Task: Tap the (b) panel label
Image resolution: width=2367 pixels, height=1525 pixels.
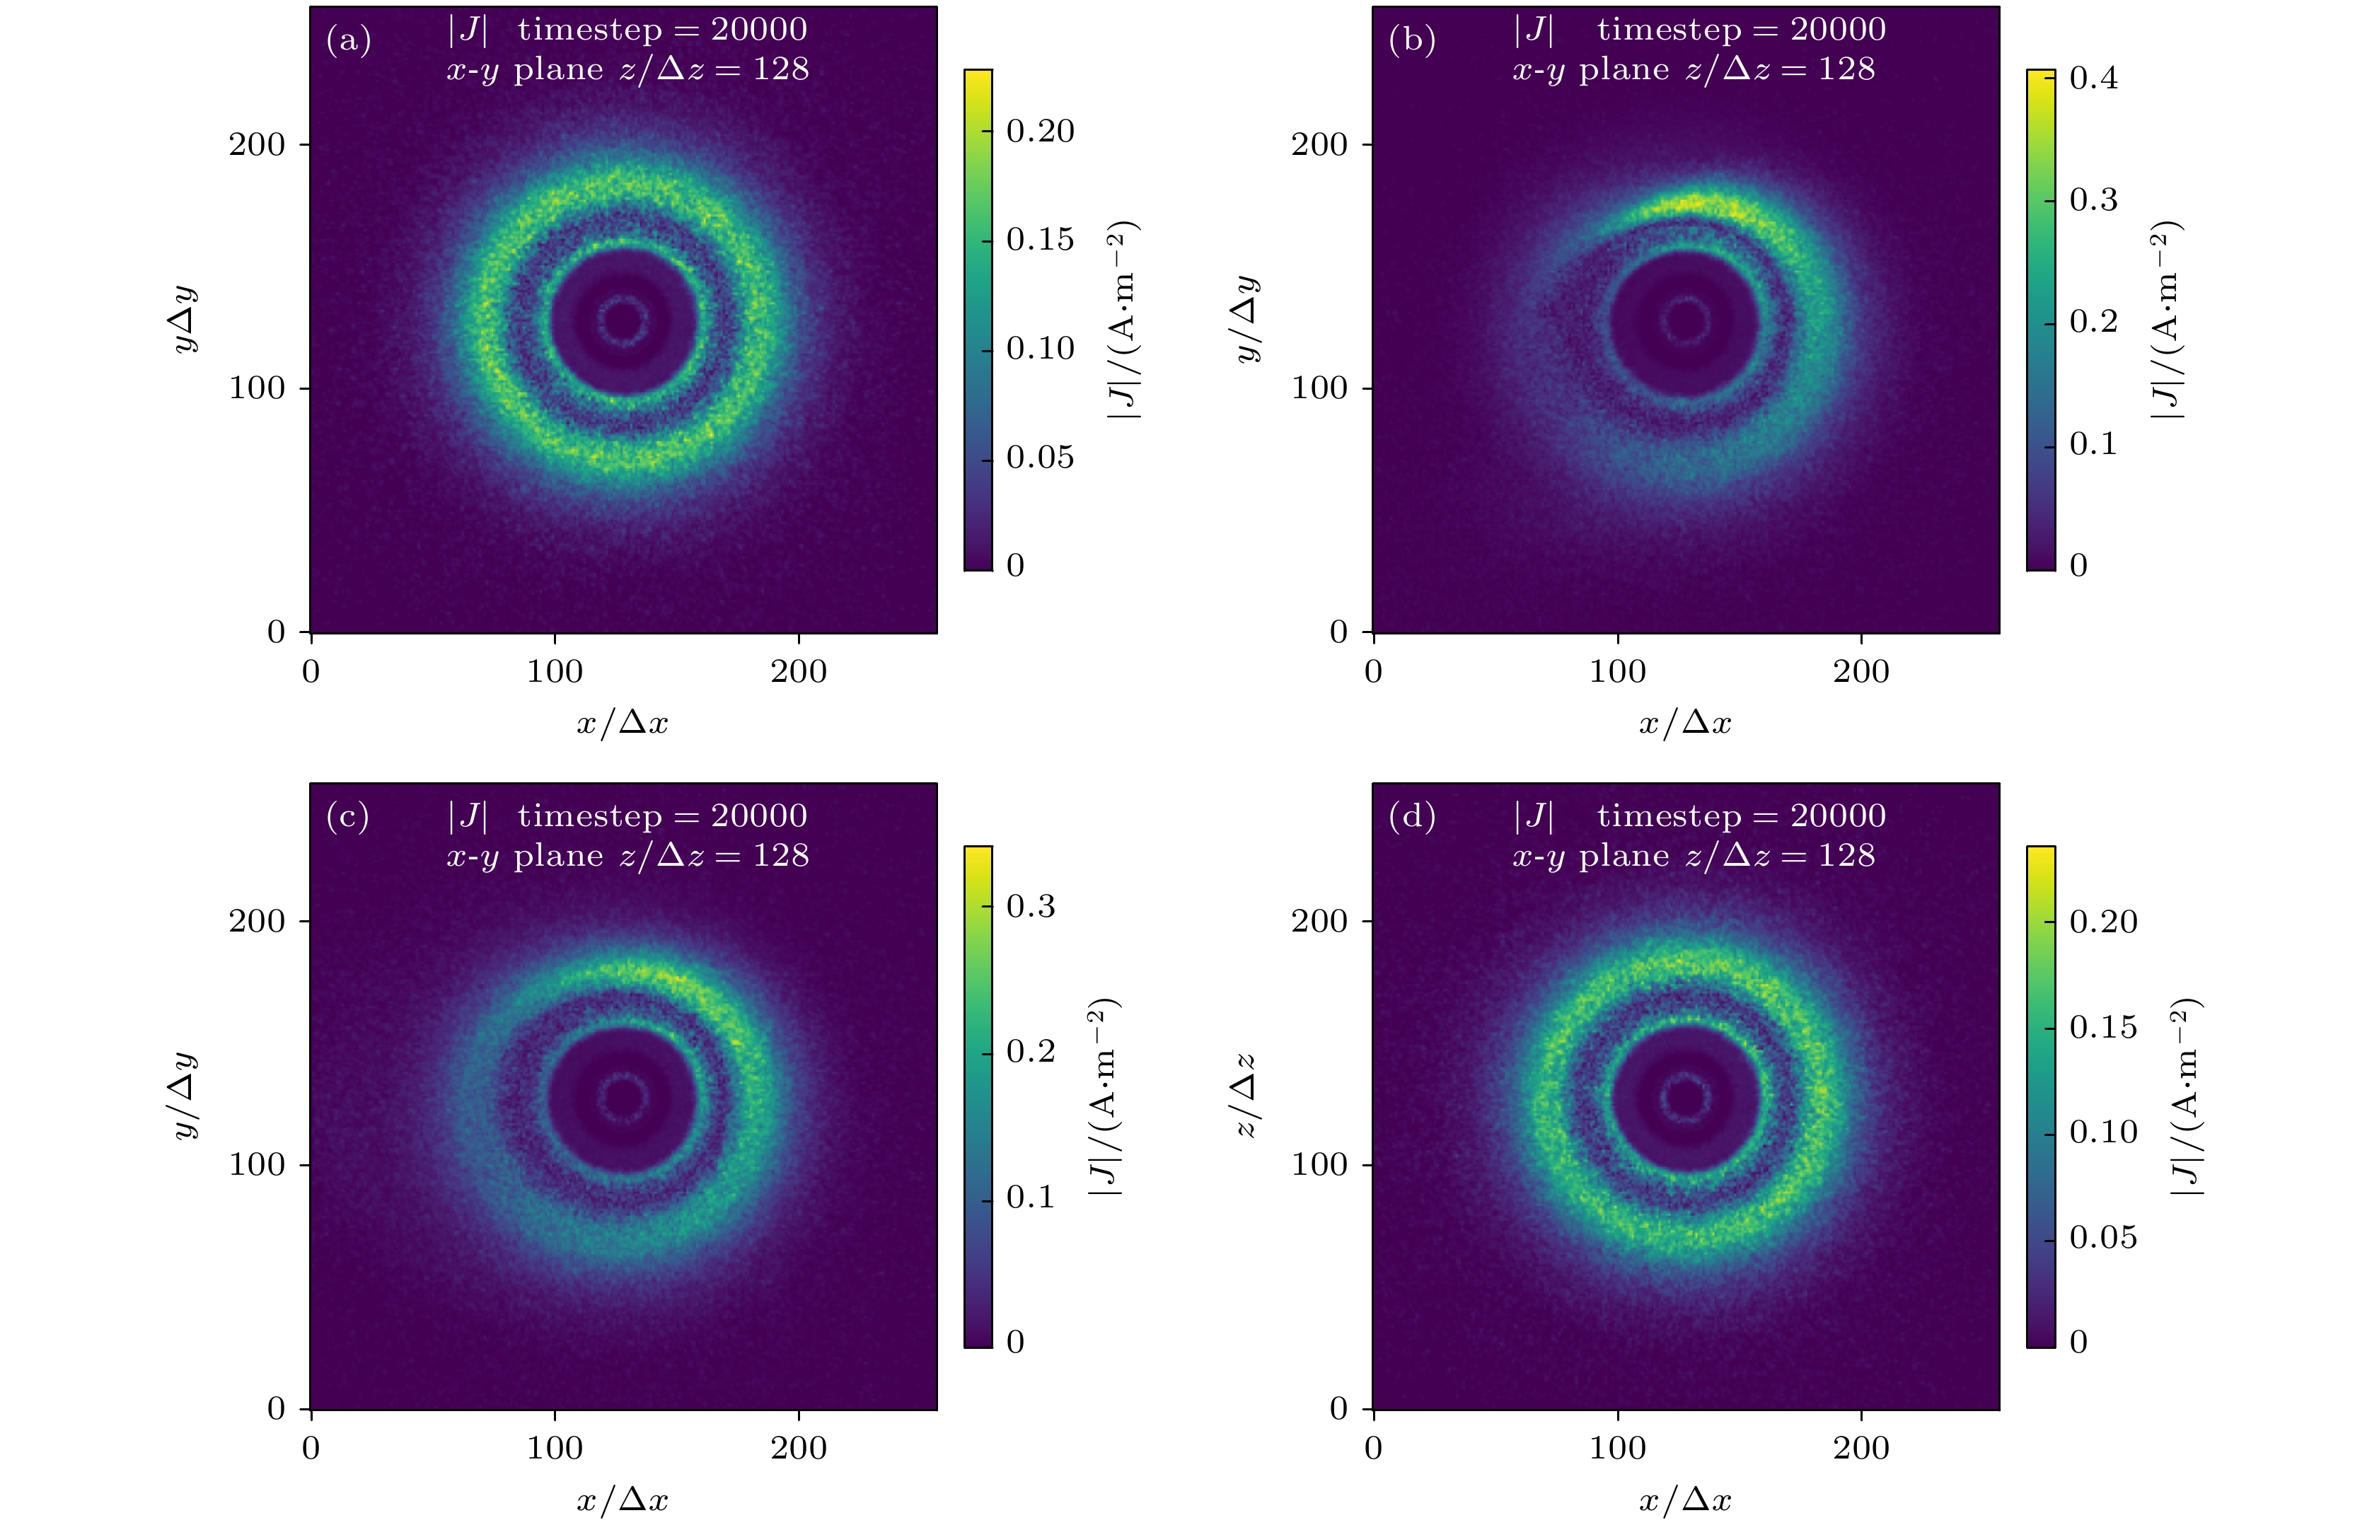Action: (x=1411, y=40)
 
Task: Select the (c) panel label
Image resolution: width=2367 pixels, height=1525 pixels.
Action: (x=347, y=816)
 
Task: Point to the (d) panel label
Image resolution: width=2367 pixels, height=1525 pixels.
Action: (x=1411, y=816)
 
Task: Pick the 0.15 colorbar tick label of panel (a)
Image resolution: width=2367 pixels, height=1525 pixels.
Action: (x=1040, y=240)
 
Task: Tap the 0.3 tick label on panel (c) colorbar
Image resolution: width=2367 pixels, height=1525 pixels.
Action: (x=1030, y=906)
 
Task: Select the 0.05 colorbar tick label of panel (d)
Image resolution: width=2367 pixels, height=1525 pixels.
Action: (x=2102, y=1237)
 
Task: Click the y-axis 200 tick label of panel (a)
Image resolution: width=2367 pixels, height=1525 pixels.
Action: (x=257, y=144)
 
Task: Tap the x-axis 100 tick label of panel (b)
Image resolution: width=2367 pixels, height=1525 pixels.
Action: (x=1617, y=671)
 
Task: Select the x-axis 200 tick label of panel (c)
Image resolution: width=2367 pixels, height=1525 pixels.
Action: (x=798, y=1448)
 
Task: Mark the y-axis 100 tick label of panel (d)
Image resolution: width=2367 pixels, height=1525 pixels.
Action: (x=1319, y=1164)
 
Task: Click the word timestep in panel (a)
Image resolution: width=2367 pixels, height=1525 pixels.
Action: (x=589, y=30)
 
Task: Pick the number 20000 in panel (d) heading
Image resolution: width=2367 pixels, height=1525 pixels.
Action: (x=1837, y=816)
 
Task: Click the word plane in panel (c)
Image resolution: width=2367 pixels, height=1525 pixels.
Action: (x=557, y=856)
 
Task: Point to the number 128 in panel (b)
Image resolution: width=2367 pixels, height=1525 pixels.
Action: (x=1846, y=69)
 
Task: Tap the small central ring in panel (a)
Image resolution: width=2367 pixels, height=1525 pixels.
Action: (x=623, y=319)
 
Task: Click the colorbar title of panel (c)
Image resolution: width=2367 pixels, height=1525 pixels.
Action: (x=1104, y=1096)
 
